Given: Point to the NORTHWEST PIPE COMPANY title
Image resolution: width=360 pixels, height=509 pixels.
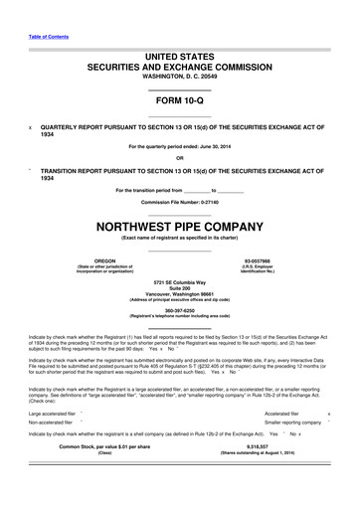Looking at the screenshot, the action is [x=179, y=226].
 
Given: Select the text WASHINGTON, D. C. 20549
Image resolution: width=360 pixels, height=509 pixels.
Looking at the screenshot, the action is [x=179, y=85].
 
